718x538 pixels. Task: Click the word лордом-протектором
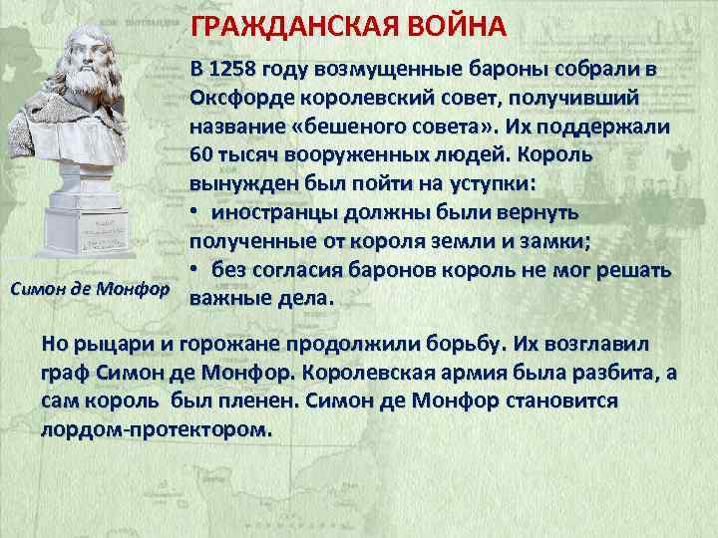coord(154,429)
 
